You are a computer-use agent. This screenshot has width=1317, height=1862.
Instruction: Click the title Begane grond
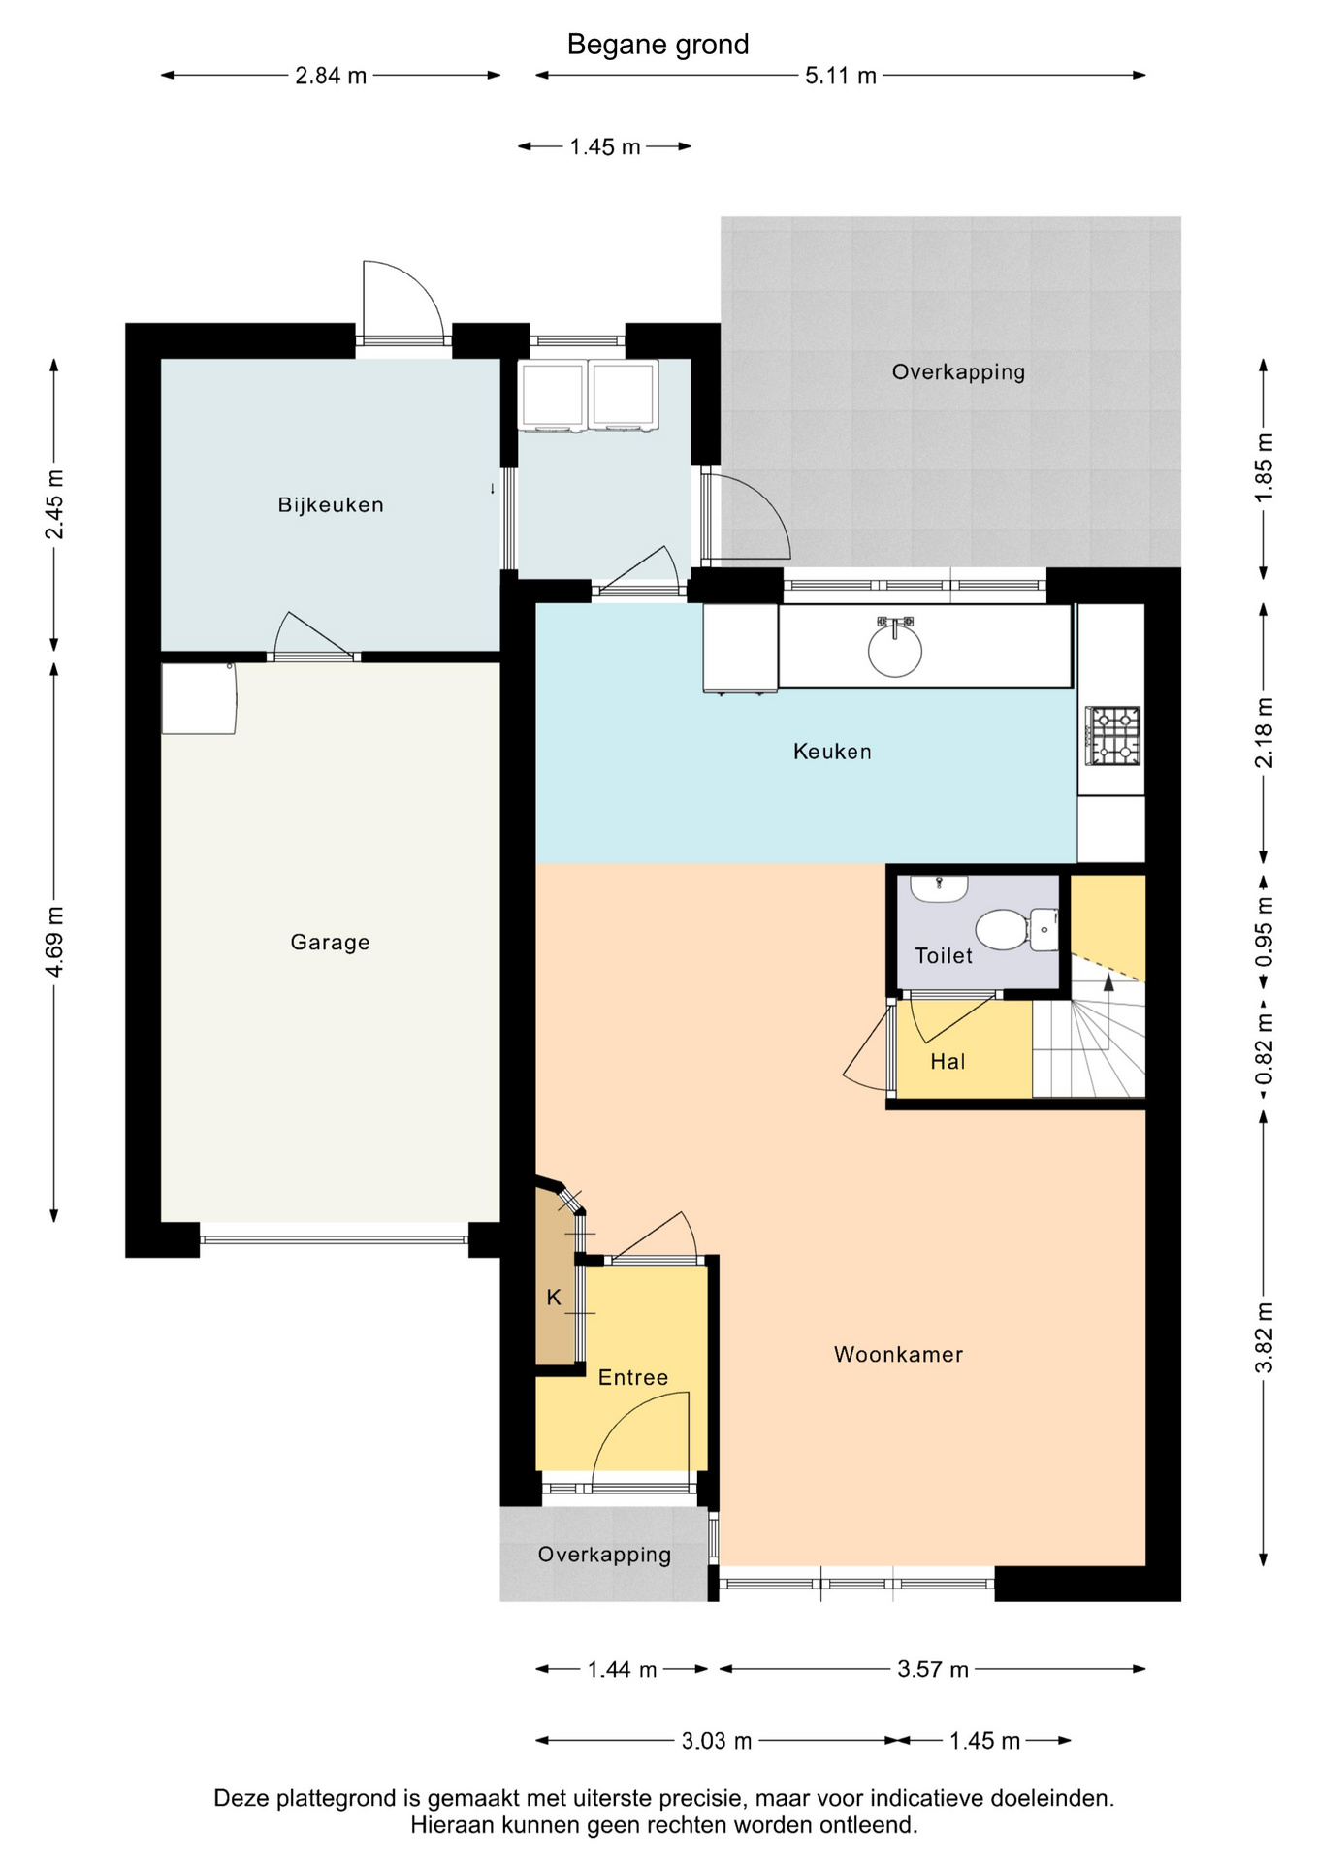click(x=658, y=45)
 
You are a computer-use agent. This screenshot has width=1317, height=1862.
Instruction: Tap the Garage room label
click(x=331, y=942)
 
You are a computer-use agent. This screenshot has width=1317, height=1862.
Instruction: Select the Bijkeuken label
click(x=331, y=504)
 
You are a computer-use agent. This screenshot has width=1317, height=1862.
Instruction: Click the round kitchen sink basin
click(x=895, y=649)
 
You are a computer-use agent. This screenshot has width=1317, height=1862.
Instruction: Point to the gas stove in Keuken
click(x=1112, y=735)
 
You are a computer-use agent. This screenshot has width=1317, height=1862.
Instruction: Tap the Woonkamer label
click(x=899, y=1355)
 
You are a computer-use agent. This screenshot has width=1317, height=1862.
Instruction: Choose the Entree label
click(x=633, y=1377)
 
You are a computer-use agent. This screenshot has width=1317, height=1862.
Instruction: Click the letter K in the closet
click(x=554, y=1298)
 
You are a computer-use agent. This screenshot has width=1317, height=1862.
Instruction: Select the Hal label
click(x=948, y=1062)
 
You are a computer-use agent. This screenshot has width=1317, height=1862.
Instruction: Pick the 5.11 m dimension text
click(x=841, y=76)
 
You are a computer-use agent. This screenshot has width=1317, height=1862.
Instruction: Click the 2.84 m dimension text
click(x=331, y=76)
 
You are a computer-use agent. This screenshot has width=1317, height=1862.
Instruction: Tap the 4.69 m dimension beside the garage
click(x=55, y=943)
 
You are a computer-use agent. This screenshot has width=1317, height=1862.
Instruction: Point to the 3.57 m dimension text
click(x=933, y=1669)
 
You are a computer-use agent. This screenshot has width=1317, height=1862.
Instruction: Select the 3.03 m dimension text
click(x=717, y=1741)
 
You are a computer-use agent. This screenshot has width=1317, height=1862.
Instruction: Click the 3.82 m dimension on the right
click(x=1264, y=1338)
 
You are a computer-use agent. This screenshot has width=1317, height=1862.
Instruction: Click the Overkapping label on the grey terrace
click(x=958, y=371)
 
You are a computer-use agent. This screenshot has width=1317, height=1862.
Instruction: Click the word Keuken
click(x=832, y=752)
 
